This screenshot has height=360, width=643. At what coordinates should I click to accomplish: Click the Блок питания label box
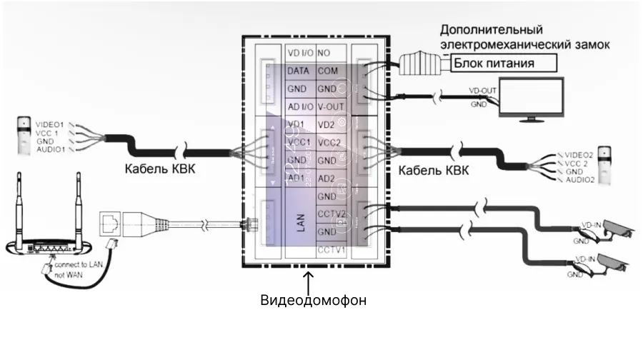[x=504, y=64]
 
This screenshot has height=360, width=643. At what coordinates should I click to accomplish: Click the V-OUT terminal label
[x=331, y=106]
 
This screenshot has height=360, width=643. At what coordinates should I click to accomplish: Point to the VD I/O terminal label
[x=299, y=54]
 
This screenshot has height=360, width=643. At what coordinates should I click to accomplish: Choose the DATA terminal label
[x=297, y=71]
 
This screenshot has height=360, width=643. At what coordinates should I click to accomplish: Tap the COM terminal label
[x=328, y=71]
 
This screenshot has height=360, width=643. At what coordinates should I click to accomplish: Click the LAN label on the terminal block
[x=300, y=223]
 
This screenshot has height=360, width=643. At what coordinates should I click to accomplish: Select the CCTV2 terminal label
[x=331, y=214]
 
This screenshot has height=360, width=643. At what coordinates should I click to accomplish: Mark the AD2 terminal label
[x=326, y=178]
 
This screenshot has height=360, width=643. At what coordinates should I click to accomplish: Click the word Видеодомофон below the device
[x=313, y=300]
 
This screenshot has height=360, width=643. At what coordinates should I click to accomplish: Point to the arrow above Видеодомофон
[x=308, y=279]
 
